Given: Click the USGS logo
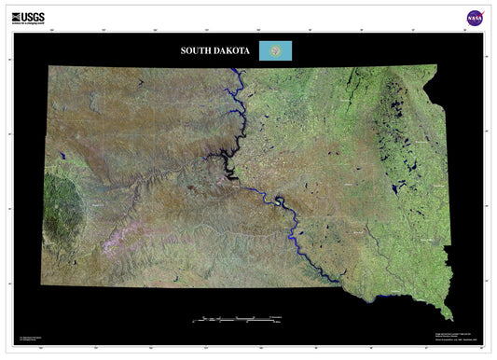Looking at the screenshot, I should [x=28, y=17].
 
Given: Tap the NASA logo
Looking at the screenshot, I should [x=475, y=18].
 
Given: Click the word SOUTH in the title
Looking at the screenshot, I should [x=199, y=50].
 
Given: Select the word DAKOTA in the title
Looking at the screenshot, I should [x=232, y=50].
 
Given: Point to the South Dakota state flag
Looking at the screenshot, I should [x=275, y=50].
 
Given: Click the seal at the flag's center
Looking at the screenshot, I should [x=275, y=50].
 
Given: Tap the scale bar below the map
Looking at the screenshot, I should [x=238, y=319].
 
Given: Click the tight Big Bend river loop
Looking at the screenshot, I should [x=279, y=201].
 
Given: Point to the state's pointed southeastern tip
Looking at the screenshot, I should [x=449, y=314].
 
